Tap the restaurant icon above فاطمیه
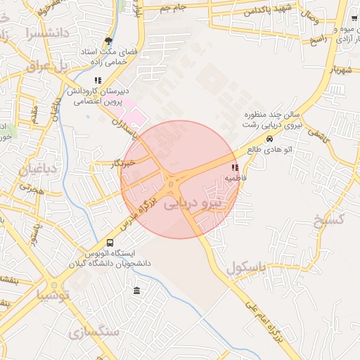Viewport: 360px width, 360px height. pyautogui.click(x=235, y=168)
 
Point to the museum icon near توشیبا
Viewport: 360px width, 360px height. pyautogui.click(x=136, y=291)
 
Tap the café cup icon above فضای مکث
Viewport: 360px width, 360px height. pyautogui.click(x=108, y=41)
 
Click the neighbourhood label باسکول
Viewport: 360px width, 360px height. pyautogui.click(x=247, y=267)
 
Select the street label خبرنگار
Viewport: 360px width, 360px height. pyautogui.click(x=124, y=163)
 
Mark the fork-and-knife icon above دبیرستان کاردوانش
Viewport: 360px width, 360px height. pyautogui.click(x=98, y=81)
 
